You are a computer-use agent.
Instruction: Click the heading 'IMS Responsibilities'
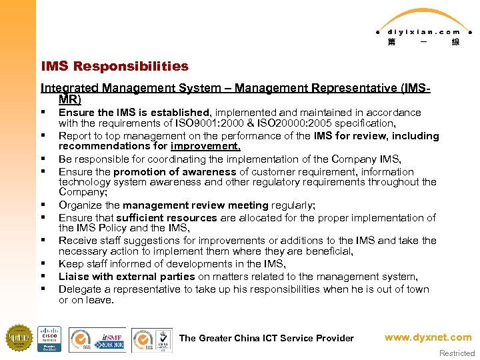tap(115, 66)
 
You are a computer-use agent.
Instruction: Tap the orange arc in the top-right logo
tap(423, 16)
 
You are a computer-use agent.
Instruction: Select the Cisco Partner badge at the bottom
tap(49, 339)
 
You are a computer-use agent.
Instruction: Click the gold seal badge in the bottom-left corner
tap(19, 338)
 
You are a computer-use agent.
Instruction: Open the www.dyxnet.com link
tap(427, 337)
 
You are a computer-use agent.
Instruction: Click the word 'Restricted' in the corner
tap(457, 353)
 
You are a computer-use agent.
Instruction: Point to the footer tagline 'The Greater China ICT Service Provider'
tap(266, 338)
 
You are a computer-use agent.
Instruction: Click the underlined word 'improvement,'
tap(205, 147)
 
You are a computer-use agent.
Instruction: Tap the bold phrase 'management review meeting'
tap(195, 205)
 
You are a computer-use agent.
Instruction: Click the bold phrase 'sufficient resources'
tap(167, 217)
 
